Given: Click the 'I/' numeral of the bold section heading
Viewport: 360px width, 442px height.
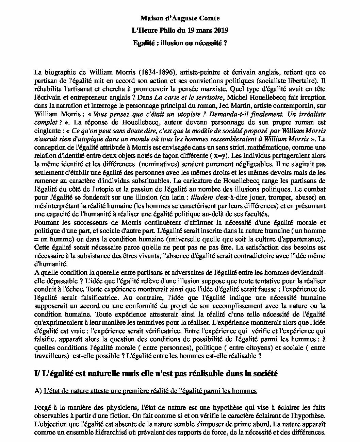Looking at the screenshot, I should (x=37, y=374).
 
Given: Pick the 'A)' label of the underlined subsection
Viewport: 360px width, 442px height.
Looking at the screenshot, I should (x=38, y=391).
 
